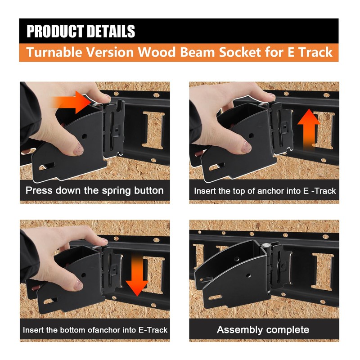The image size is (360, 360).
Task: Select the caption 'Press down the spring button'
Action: pos(94,190)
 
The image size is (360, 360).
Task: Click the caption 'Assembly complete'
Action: pos(263,329)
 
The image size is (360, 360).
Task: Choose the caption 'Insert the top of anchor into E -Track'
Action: pos(265,191)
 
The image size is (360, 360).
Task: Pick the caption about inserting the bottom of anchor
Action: pos(95,330)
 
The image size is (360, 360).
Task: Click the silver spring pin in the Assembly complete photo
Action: pos(267,246)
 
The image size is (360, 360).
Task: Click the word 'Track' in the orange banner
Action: pos(315,52)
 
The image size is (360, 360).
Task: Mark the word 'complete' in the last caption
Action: pos(288,330)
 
